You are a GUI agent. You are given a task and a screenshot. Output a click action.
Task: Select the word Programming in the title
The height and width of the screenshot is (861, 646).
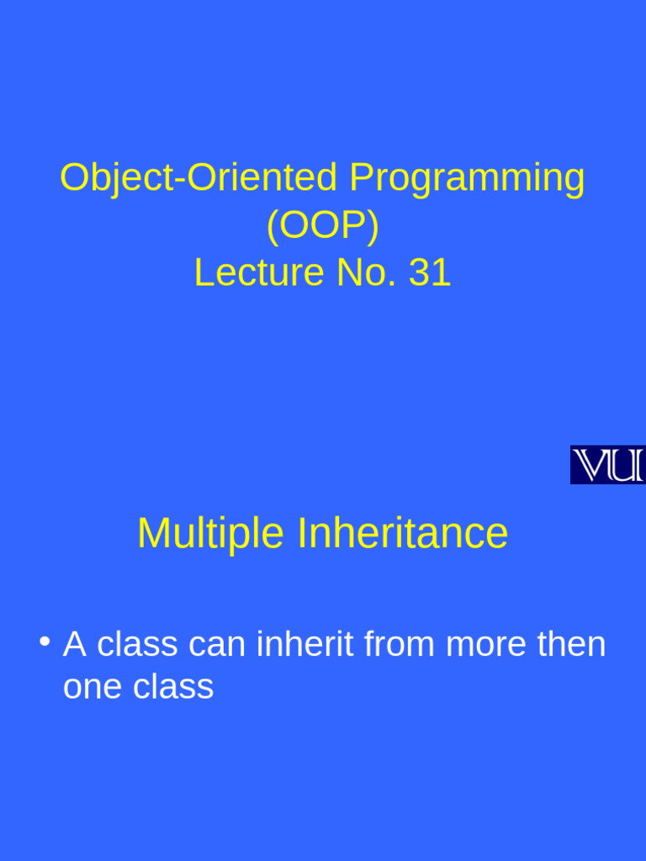[467, 178]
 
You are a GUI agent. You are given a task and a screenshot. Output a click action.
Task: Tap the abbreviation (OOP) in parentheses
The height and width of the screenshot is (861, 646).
[323, 225]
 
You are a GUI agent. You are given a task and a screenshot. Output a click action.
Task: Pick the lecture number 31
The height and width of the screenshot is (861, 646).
[430, 273]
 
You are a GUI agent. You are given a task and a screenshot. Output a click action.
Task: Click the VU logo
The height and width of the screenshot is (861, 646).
[607, 465]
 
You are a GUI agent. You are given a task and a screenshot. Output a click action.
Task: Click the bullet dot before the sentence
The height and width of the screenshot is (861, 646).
[44, 642]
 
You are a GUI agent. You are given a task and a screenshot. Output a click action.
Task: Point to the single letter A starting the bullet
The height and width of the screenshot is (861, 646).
[75, 645]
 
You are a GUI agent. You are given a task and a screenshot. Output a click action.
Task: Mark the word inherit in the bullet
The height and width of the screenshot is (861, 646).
[305, 645]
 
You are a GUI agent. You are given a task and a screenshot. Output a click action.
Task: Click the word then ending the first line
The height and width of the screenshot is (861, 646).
[573, 645]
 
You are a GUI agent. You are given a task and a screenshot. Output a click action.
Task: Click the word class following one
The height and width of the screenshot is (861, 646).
[173, 687]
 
